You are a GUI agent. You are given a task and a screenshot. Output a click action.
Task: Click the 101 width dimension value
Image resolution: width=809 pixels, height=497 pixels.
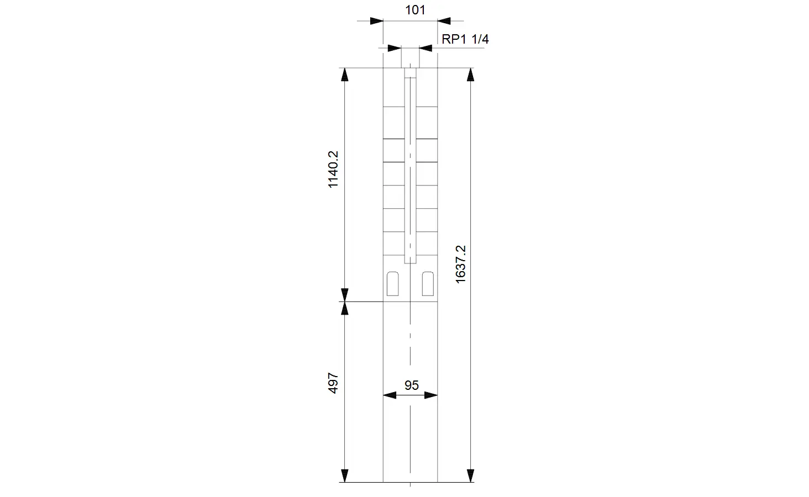click(x=415, y=10)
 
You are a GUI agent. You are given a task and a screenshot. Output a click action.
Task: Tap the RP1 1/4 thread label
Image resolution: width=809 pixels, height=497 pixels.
click(x=465, y=39)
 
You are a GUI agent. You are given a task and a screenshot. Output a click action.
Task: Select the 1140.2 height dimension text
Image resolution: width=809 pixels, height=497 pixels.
click(x=333, y=170)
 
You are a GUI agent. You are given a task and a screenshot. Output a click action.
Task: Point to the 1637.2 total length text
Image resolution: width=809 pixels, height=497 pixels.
click(x=460, y=264)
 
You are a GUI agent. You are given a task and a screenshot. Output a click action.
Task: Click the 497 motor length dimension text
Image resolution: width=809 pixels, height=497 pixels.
click(x=333, y=383)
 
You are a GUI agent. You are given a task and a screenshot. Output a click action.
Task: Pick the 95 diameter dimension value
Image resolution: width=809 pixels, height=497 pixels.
click(x=411, y=385)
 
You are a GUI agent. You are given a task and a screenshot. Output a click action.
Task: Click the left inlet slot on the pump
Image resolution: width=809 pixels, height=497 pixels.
click(x=392, y=284)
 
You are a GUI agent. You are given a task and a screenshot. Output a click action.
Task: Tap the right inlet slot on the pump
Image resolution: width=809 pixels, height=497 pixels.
click(x=428, y=284)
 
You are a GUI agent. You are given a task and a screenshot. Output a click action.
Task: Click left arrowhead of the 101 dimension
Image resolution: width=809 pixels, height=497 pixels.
click(x=377, y=21)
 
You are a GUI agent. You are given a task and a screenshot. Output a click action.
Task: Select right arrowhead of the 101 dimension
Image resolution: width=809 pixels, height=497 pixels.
click(x=444, y=21)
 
